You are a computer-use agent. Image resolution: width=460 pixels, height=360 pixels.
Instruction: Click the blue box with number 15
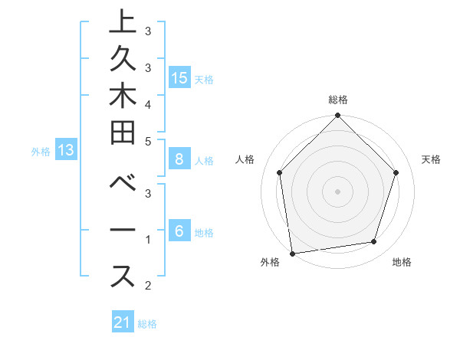pos(179,77)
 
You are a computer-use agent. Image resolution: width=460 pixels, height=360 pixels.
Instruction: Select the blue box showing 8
pos(179,159)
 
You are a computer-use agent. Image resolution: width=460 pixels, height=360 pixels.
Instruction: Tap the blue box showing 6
pos(179,231)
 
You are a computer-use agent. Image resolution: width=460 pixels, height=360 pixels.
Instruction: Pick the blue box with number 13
pos(67,150)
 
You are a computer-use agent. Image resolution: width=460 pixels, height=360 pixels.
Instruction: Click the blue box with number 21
pos(123,322)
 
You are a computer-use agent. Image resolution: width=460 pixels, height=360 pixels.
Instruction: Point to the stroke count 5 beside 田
pos(147,141)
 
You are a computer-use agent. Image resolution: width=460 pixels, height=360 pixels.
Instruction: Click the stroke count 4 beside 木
pos(147,104)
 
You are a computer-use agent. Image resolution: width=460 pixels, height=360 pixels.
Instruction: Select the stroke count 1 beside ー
pos(147,240)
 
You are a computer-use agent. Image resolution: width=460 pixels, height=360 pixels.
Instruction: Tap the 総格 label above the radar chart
pos(338,100)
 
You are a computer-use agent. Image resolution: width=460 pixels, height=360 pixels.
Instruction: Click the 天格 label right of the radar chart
pos(432,159)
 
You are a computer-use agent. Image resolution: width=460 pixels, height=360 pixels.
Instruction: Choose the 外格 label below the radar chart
pos(270,263)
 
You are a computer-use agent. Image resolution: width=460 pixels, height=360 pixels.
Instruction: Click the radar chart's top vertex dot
pos(338,117)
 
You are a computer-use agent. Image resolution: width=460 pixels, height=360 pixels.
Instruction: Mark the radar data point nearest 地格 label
pos(374,242)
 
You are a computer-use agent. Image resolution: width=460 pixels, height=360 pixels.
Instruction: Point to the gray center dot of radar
pos(338,191)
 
